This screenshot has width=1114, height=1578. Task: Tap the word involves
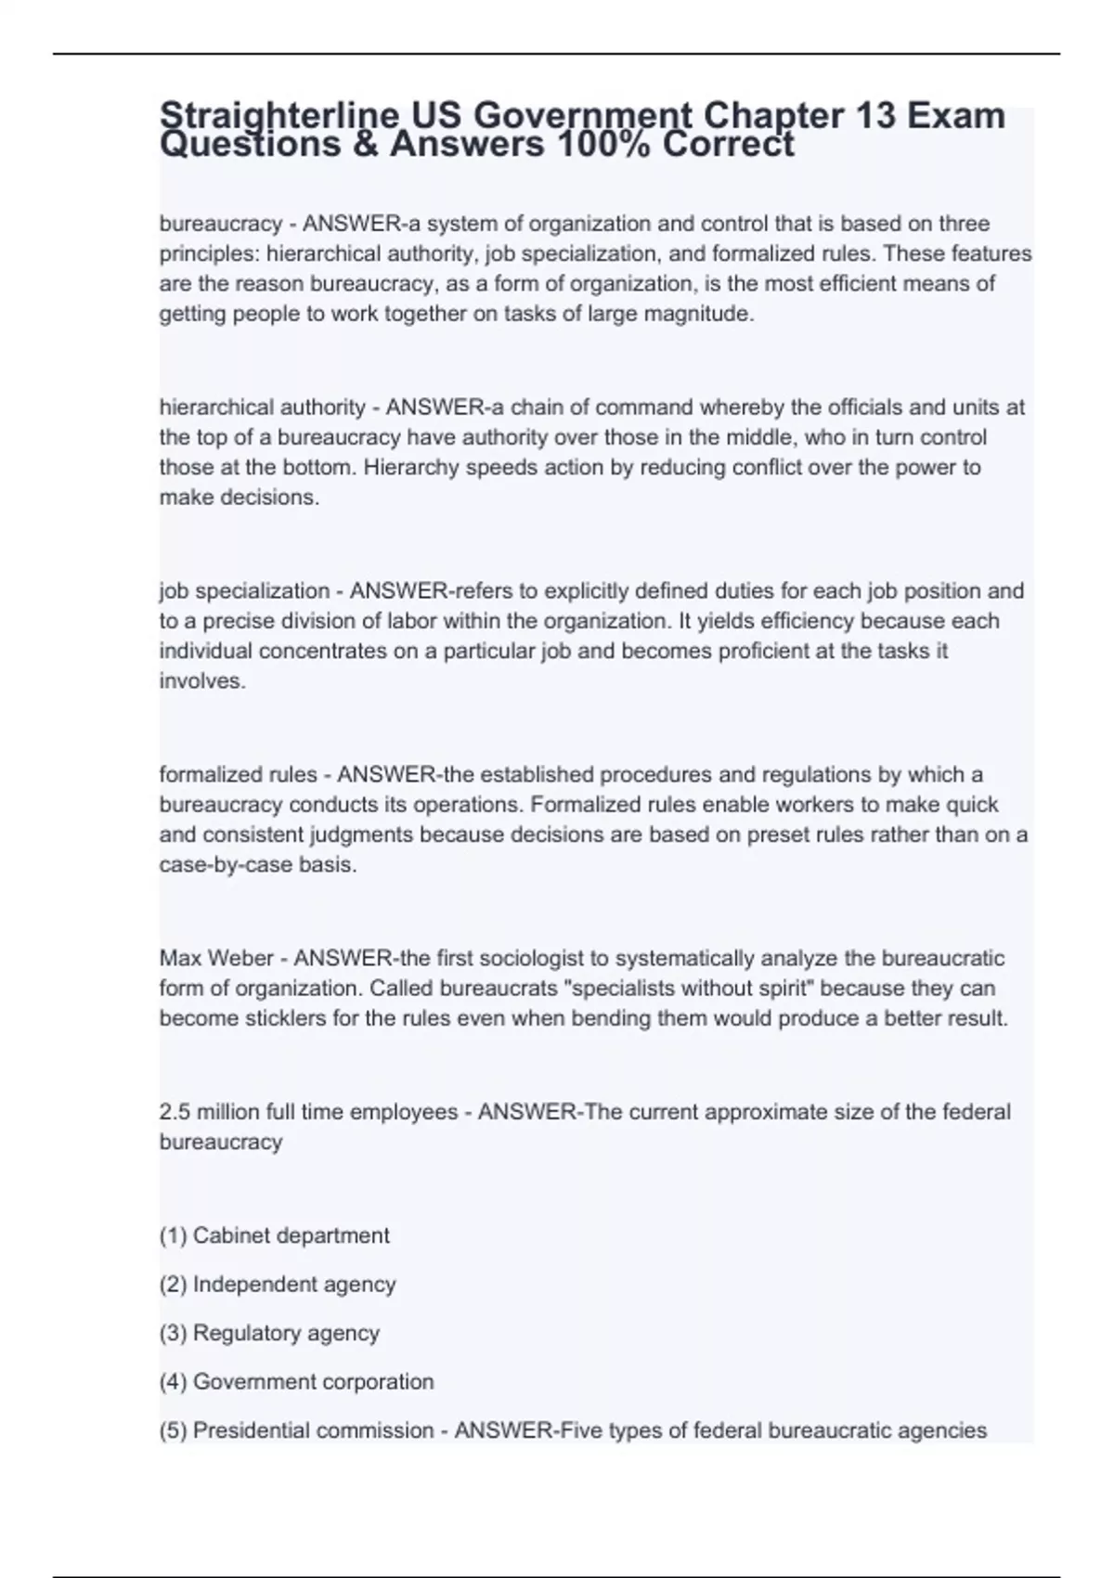(x=202, y=680)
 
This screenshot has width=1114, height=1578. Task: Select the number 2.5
(x=175, y=1112)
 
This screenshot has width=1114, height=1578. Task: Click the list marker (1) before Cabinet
(x=174, y=1235)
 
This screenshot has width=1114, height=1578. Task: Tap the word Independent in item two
(x=241, y=1284)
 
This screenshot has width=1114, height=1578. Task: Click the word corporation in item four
(x=376, y=1381)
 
